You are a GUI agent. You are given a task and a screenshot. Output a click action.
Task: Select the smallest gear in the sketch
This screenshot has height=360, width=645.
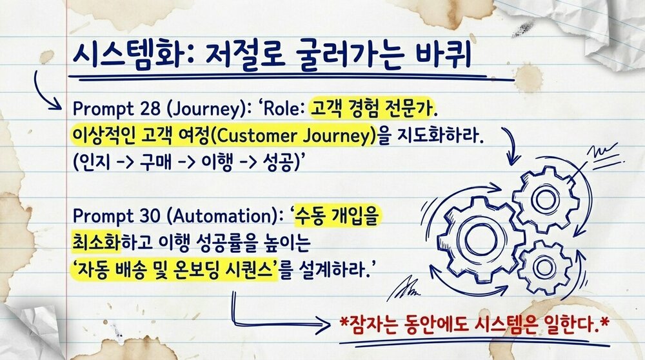(545, 264)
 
